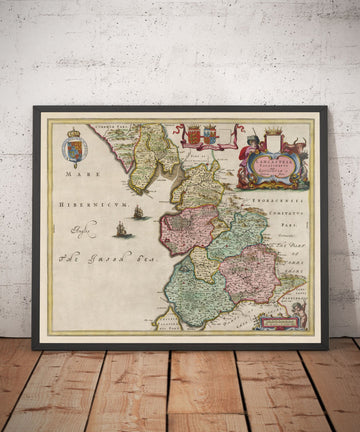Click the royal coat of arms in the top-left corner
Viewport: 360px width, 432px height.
[x=74, y=147]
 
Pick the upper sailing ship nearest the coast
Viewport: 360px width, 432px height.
[x=138, y=212]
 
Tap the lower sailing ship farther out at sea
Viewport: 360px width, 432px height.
[x=123, y=230]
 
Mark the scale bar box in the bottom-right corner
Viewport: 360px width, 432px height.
[x=276, y=319]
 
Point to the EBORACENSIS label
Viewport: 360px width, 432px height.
[x=284, y=198]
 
